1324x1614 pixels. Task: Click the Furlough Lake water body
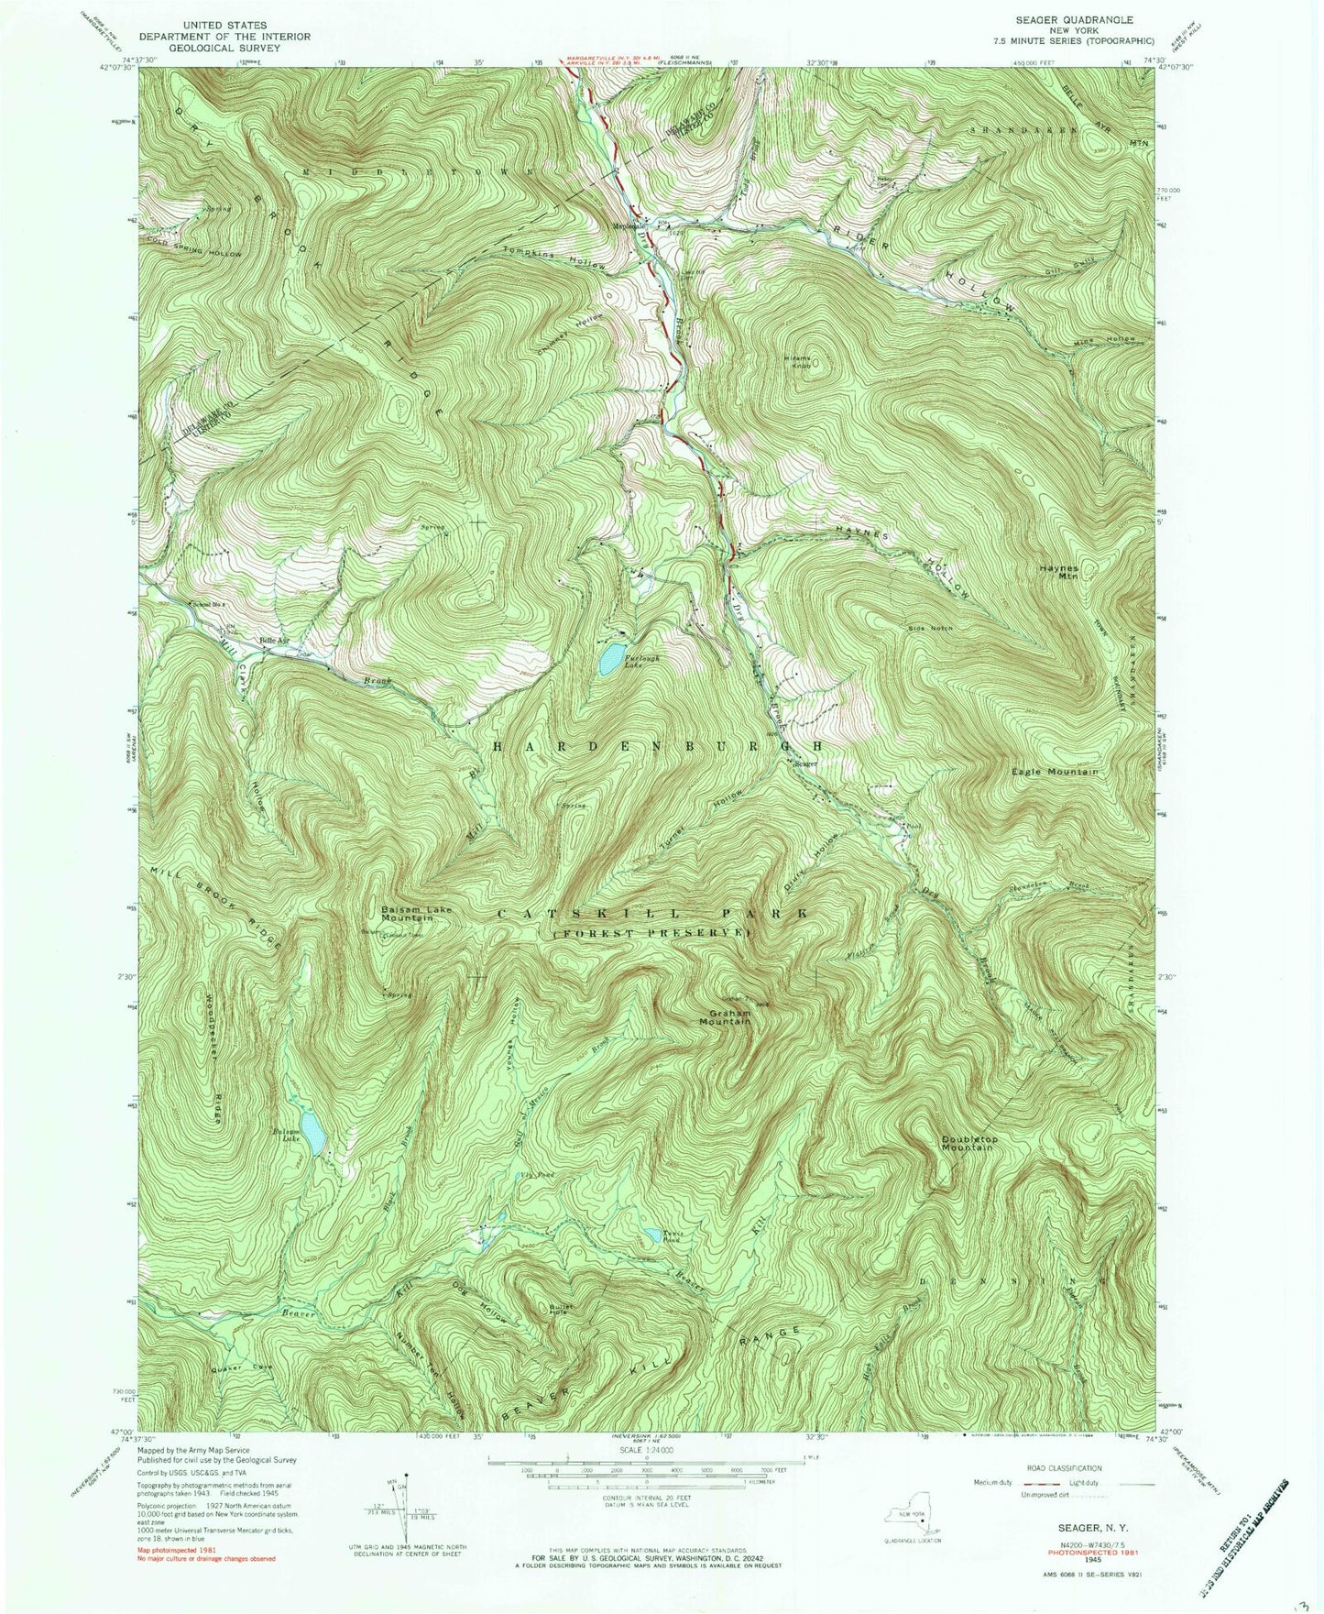(608, 660)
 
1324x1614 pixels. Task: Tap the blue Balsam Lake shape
(313, 1135)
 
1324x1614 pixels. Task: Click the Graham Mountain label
(729, 1016)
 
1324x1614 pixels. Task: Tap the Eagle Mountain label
(1054, 772)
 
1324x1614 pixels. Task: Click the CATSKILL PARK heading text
(652, 914)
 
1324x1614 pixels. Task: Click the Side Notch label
(931, 629)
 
